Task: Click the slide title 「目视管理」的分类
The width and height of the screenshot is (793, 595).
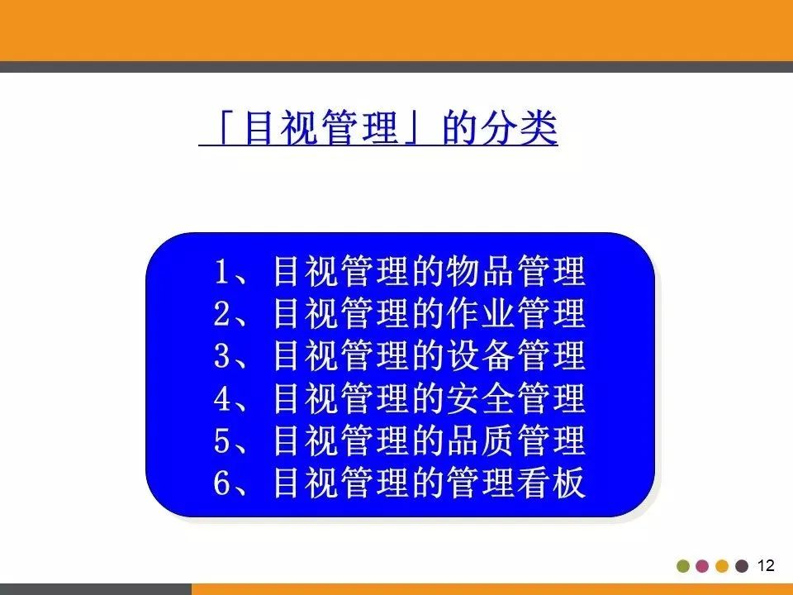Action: pyautogui.click(x=378, y=131)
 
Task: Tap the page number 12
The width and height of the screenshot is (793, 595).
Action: pyautogui.click(x=766, y=566)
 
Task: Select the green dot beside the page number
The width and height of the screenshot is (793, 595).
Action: pyautogui.click(x=683, y=567)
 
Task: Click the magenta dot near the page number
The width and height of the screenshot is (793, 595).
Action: pyautogui.click(x=702, y=567)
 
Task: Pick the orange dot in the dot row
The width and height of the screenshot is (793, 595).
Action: pyautogui.click(x=722, y=567)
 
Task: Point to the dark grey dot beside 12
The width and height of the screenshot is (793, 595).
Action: pyautogui.click(x=742, y=567)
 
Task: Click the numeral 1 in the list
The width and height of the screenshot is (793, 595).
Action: pyautogui.click(x=221, y=271)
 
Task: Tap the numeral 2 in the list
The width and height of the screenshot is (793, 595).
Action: pyautogui.click(x=221, y=314)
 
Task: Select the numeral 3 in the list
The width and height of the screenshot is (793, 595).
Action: pyautogui.click(x=221, y=357)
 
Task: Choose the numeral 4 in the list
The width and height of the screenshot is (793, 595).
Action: pyautogui.click(x=221, y=400)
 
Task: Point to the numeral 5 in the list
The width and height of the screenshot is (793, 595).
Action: pyautogui.click(x=221, y=442)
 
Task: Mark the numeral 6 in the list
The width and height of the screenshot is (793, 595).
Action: pyautogui.click(x=221, y=485)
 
